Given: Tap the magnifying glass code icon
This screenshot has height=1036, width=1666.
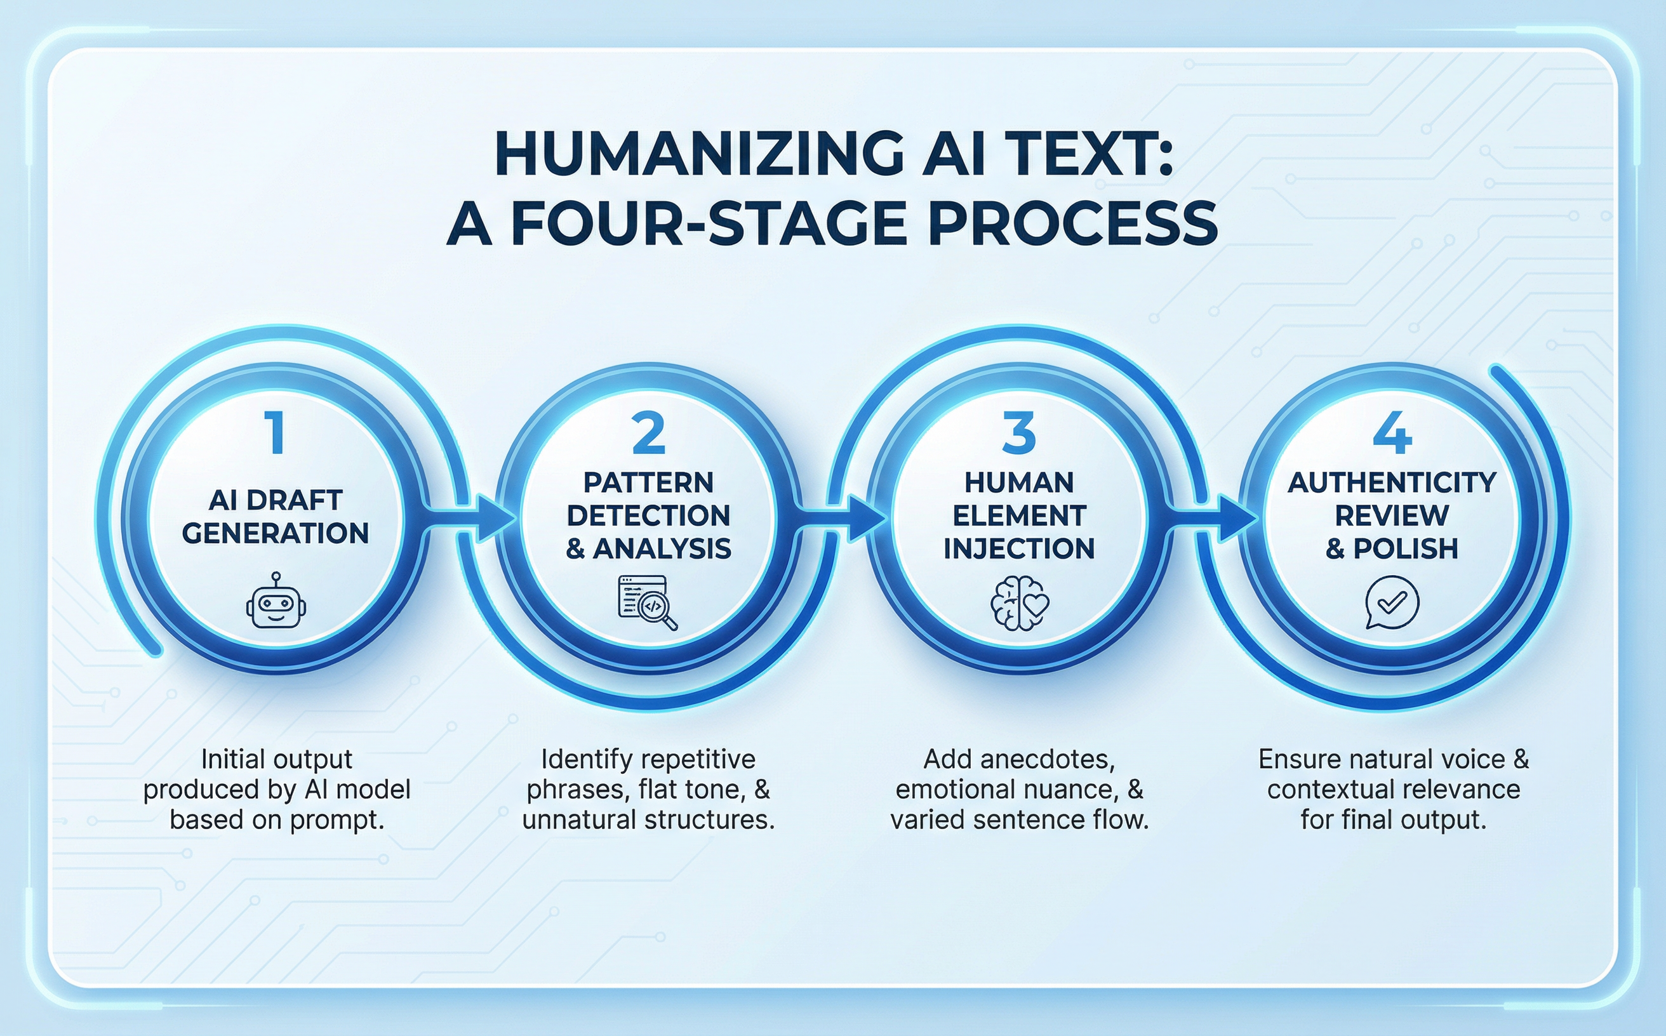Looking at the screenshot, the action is click(x=648, y=602).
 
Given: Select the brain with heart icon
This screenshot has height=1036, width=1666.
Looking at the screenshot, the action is click(x=1020, y=603).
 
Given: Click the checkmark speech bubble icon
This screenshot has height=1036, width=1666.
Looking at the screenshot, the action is click(x=1392, y=602).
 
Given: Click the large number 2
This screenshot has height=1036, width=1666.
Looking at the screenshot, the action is click(x=648, y=432).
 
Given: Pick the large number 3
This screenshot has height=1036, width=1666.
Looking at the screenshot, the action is click(x=1019, y=432).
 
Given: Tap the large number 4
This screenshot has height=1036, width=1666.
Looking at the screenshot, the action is click(x=1392, y=432).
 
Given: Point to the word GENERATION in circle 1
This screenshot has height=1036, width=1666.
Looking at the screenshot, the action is click(x=276, y=533).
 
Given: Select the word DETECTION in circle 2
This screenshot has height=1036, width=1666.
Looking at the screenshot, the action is click(x=648, y=515).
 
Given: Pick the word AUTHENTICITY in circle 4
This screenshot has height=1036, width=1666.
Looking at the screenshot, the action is click(x=1392, y=483).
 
